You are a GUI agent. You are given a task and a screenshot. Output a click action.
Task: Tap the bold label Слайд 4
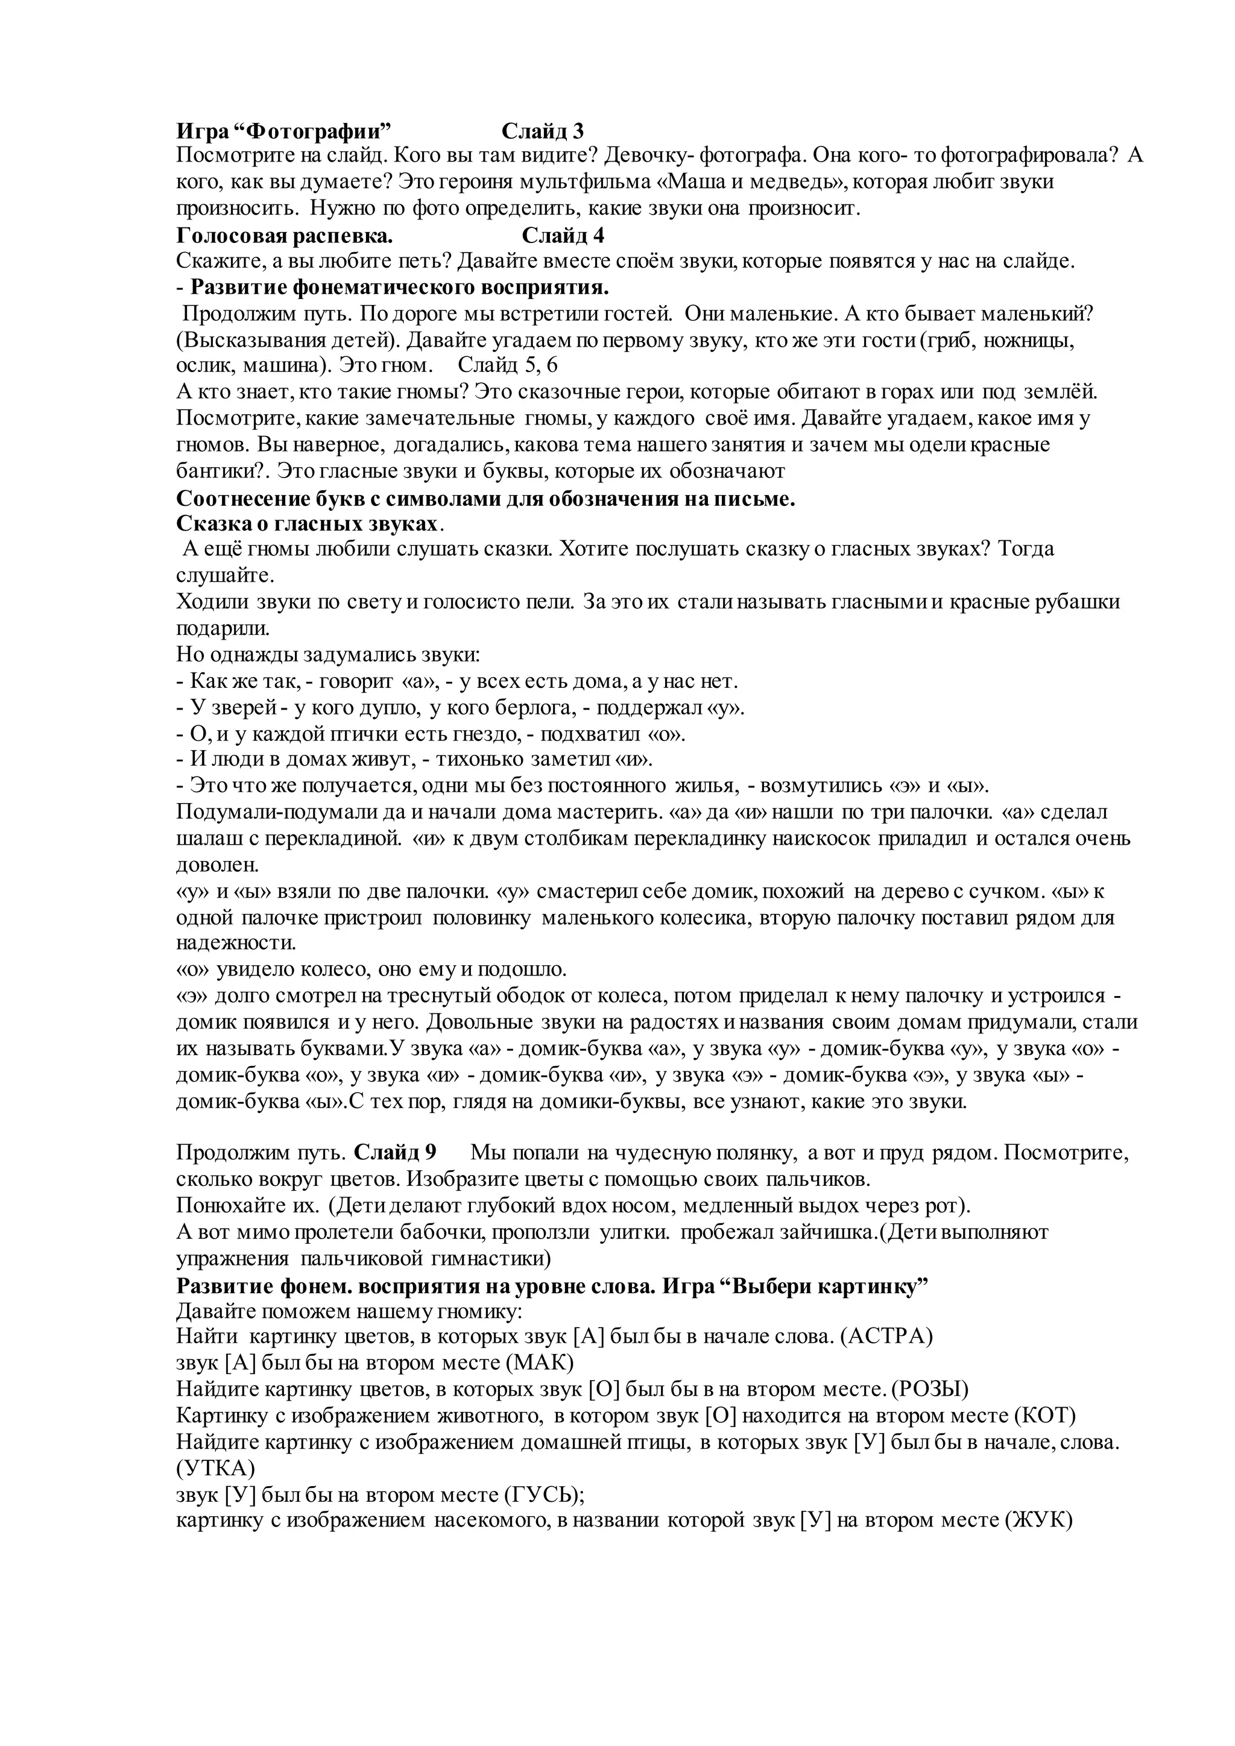coord(563,236)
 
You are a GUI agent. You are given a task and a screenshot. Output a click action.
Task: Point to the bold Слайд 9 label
coord(396,1152)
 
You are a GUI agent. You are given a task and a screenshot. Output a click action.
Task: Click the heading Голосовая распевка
coord(285,236)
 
